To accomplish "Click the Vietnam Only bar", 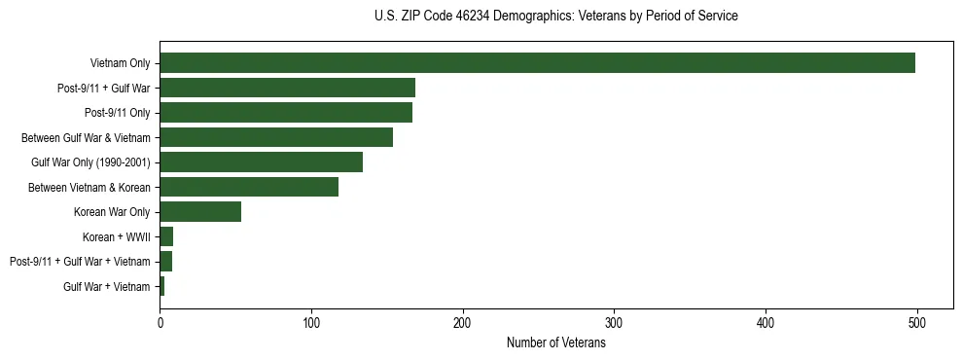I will point(537,63).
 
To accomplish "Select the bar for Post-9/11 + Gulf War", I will point(288,88).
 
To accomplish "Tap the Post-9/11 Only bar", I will point(286,113).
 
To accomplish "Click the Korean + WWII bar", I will point(166,236).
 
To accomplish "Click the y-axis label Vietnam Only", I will point(121,64).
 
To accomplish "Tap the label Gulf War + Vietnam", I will point(107,287).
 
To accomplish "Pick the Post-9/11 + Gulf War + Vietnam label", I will point(80,262).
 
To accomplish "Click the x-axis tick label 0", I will point(160,324).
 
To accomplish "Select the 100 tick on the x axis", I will point(311,324).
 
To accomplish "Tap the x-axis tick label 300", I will point(614,324).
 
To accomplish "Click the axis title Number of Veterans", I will point(556,343).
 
